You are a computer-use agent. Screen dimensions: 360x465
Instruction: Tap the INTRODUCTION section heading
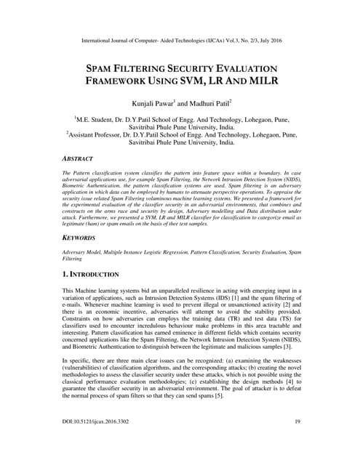[95, 275]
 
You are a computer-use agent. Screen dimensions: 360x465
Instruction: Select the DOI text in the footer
[100, 441]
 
